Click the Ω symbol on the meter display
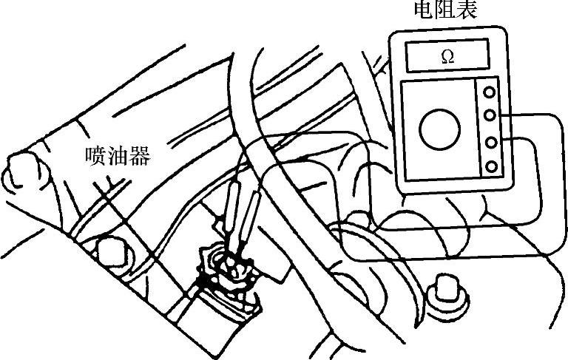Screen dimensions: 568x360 click(x=447, y=57)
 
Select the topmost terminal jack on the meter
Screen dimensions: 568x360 click(x=489, y=92)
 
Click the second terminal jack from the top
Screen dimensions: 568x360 click(x=489, y=115)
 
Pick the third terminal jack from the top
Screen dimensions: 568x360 click(x=489, y=141)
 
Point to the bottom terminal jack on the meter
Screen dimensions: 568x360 click(x=489, y=165)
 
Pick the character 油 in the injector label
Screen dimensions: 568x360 click(x=118, y=157)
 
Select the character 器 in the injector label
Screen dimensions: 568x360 click(x=138, y=157)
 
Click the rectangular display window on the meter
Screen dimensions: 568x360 click(x=447, y=57)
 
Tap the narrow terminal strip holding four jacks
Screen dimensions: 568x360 click(x=489, y=129)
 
